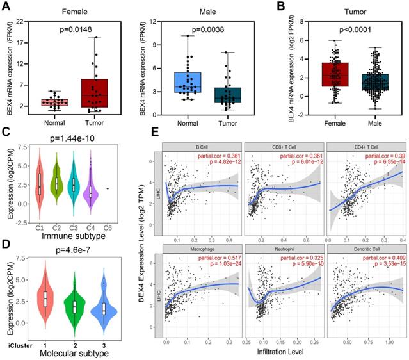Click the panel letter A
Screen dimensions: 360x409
[x=6, y=6]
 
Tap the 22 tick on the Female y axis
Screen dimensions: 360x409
[x=26, y=22]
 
